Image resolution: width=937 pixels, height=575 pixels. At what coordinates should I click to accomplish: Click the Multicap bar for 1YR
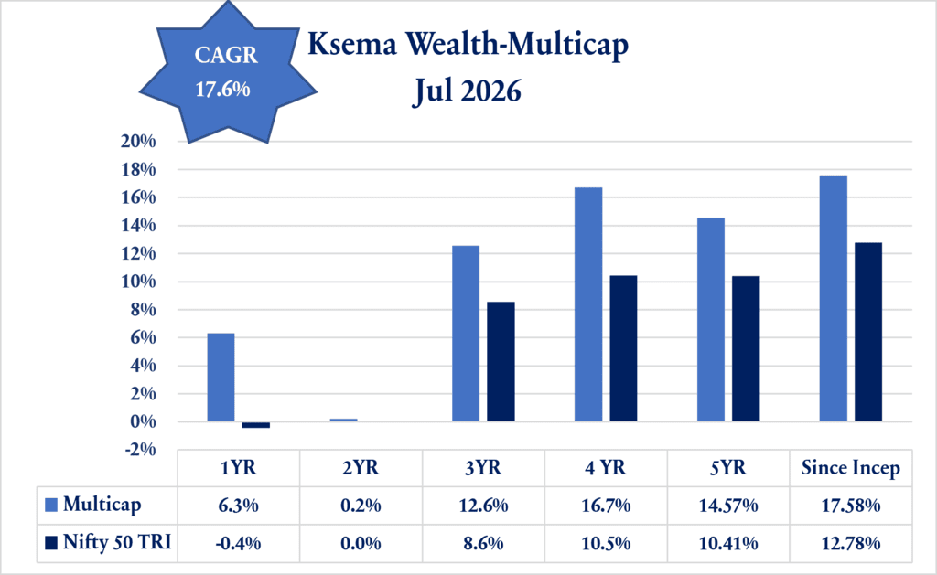coord(221,378)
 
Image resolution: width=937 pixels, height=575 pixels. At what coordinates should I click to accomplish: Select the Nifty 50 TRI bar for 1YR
coord(256,424)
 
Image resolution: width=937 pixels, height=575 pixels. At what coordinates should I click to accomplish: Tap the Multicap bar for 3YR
coord(466,334)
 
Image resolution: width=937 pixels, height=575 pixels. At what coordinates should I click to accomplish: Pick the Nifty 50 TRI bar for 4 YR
coord(623,348)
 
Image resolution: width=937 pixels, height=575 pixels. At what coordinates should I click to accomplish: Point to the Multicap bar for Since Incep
coord(833,299)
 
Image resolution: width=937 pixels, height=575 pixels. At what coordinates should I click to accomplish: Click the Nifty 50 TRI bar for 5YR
coord(746,348)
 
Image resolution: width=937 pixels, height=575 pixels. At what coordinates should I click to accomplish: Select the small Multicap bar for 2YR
coord(344,421)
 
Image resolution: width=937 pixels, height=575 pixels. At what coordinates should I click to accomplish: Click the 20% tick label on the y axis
coord(138,142)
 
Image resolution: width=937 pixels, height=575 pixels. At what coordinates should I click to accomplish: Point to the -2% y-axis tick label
coord(140,449)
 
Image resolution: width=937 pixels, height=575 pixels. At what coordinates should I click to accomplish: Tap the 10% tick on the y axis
coord(138,282)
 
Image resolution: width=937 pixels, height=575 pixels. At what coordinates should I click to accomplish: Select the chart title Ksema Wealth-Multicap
coord(468,45)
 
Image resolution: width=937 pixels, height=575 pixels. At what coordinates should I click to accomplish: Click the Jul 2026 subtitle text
coord(468,91)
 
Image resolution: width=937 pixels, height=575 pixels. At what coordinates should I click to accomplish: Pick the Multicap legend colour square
coord(51,506)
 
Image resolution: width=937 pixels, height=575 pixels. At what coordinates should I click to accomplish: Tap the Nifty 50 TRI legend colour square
coord(51,543)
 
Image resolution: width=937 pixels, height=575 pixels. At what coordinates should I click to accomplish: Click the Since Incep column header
coord(850,468)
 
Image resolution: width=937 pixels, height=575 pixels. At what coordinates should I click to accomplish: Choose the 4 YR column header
coord(606,467)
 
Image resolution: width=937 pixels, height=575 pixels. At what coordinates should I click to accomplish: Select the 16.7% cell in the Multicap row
coord(606,506)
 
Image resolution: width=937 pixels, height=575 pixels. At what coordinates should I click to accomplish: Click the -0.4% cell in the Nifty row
coord(239,543)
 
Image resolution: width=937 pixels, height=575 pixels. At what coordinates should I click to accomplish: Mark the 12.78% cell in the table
coord(850,543)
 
